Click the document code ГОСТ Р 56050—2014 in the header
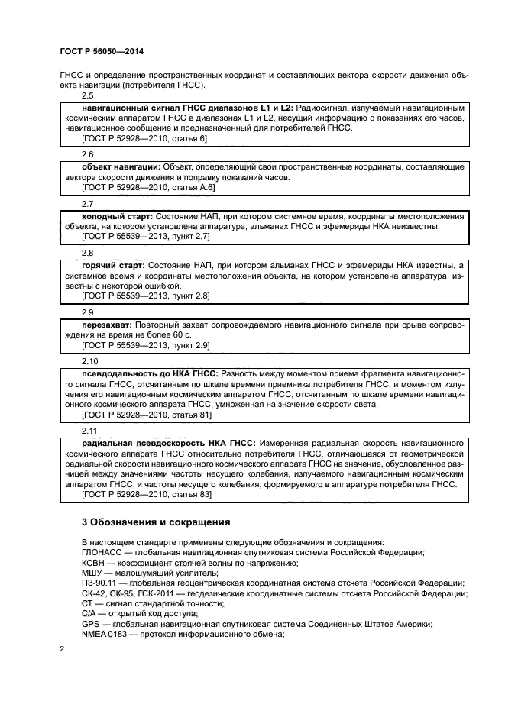(102, 51)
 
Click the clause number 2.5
(88, 96)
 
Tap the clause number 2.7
(88, 204)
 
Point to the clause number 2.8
(88, 252)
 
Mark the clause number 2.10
(90, 360)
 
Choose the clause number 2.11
(90, 431)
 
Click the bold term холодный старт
(117, 217)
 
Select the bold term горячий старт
(113, 265)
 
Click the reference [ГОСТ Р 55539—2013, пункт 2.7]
(146, 237)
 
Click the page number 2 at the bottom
(62, 649)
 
